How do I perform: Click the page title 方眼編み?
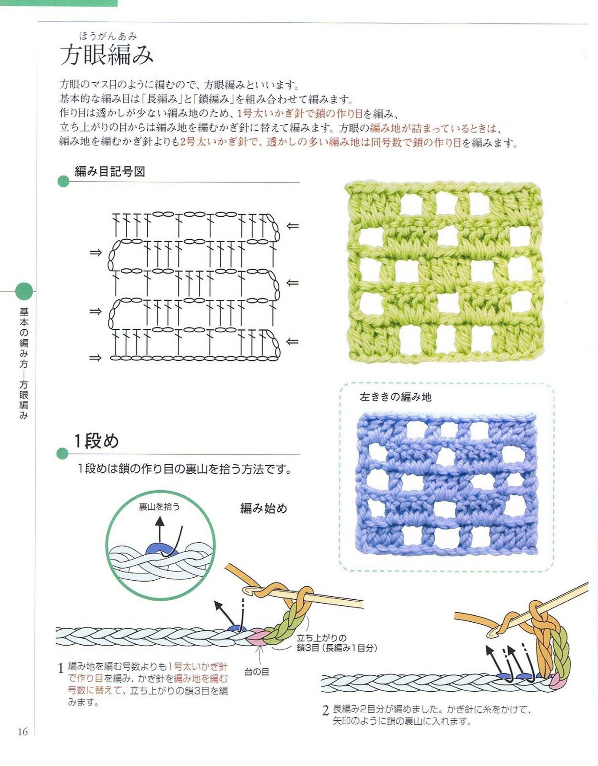tap(107, 56)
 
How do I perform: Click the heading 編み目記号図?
tap(110, 171)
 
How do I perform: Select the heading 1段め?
tap(96, 441)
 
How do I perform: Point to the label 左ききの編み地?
tap(395, 397)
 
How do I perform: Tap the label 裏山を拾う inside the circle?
tap(159, 507)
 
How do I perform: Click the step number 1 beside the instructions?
tap(61, 668)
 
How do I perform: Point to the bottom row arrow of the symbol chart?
tap(95, 358)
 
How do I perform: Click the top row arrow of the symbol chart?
tap(293, 226)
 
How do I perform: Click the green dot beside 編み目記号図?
tap(63, 181)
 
